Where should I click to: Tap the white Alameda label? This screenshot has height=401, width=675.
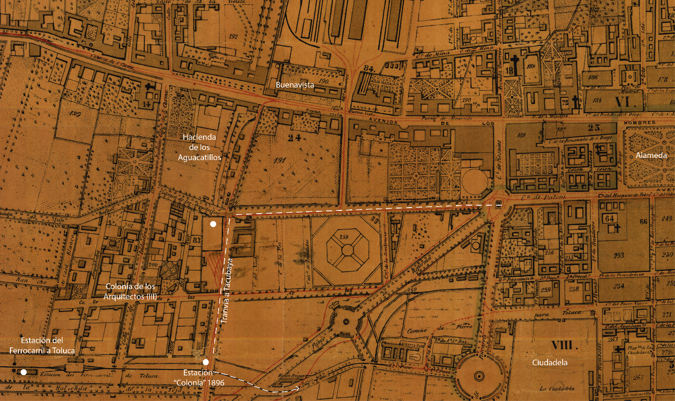(651, 155)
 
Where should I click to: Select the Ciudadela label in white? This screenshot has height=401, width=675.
(549, 362)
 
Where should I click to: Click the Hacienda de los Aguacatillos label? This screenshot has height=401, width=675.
(199, 147)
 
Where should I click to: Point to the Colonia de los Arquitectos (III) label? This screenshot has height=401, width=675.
(130, 291)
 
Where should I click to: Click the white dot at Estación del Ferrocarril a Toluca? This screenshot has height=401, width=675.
(24, 372)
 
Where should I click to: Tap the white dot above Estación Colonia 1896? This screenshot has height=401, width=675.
(205, 362)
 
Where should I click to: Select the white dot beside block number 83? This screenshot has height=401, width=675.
(213, 224)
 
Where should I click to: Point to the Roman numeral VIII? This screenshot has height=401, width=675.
(562, 345)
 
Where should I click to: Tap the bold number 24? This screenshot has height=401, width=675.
(294, 137)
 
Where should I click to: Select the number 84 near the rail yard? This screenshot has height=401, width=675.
(369, 69)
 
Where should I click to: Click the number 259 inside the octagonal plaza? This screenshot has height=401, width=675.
(344, 237)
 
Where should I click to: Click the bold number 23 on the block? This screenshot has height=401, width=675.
(595, 128)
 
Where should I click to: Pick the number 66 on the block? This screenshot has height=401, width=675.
(643, 221)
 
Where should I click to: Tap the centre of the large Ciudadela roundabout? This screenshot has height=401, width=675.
(479, 376)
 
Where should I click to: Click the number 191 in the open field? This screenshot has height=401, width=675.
(280, 160)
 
